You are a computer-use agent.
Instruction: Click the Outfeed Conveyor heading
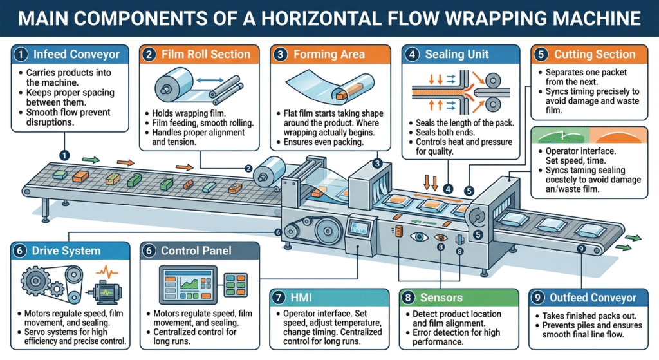click(593, 298)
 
